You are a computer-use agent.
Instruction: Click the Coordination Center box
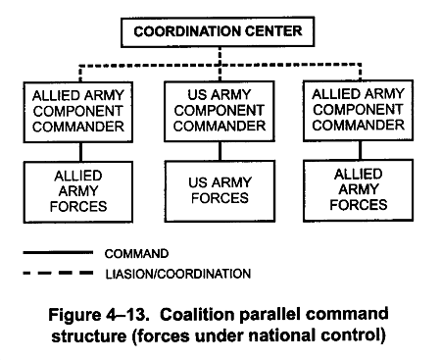(217, 32)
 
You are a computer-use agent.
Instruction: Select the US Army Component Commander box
(219, 111)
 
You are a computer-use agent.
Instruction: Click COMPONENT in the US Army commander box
(219, 111)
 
